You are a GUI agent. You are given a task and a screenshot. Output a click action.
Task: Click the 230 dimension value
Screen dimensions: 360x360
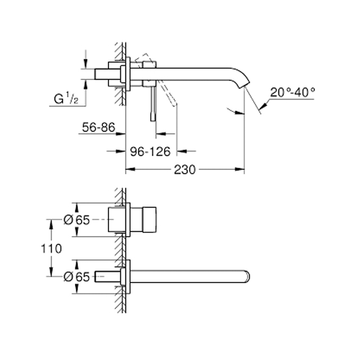[x=184, y=170]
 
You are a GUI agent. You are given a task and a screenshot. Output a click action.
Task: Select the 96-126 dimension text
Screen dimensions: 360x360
[x=150, y=151]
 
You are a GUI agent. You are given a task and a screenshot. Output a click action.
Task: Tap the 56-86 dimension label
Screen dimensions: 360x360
[x=98, y=127]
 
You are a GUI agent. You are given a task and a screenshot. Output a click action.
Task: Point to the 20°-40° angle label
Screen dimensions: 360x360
[x=292, y=92]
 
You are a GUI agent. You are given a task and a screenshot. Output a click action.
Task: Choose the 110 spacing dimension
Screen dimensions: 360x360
[x=51, y=249]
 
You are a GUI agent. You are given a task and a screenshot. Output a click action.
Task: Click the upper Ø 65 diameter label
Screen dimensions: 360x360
[x=76, y=220]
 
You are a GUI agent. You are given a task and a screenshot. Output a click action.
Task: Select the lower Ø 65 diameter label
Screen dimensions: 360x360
[x=76, y=277]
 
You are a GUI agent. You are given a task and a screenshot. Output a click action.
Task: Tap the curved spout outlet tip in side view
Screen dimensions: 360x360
[x=243, y=87]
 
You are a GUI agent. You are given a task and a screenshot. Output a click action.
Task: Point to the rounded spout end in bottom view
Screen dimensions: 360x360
[x=247, y=276]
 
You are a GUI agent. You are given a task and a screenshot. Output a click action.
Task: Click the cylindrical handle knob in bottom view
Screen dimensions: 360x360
[x=150, y=220]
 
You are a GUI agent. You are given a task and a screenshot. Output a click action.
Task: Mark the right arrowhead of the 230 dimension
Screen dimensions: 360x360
[x=240, y=169]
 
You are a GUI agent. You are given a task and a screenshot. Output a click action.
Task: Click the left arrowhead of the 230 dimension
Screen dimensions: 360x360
[x=130, y=169]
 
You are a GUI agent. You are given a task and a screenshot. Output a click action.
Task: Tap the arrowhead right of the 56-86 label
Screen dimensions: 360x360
[x=121, y=134]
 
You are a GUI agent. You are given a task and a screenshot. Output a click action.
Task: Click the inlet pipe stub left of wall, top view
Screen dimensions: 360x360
[x=102, y=74]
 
